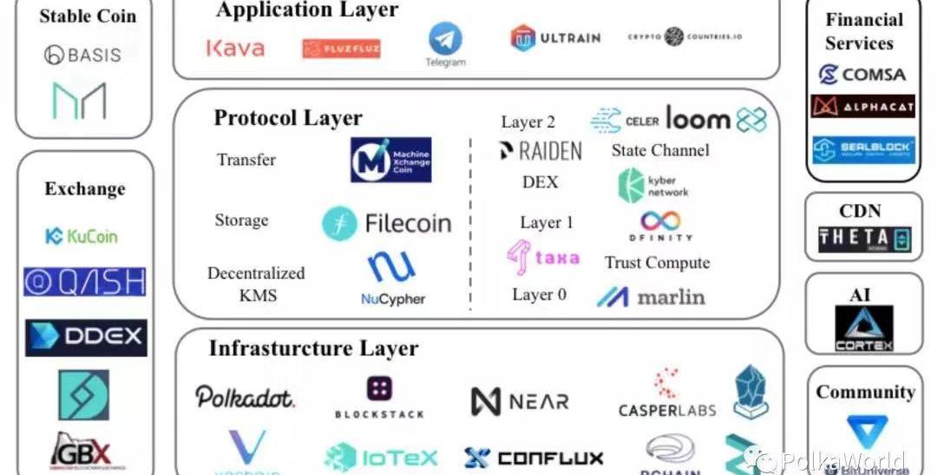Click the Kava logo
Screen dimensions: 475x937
(x=235, y=48)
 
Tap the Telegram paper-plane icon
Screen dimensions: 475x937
(x=445, y=39)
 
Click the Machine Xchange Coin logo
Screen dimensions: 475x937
(x=390, y=160)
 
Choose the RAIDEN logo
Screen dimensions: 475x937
(x=541, y=151)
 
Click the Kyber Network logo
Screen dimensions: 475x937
(x=653, y=186)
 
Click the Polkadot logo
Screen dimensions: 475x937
(x=245, y=398)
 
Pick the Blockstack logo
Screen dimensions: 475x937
(x=379, y=398)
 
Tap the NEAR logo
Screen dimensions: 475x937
(x=520, y=401)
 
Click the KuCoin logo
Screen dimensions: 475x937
(x=82, y=235)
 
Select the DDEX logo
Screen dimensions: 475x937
(x=85, y=337)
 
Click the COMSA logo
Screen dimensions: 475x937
(x=862, y=75)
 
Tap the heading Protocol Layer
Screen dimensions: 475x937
(x=288, y=118)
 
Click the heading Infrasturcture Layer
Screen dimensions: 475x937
(x=313, y=349)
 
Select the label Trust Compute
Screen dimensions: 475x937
(x=657, y=263)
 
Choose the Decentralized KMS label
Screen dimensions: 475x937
(x=256, y=284)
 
